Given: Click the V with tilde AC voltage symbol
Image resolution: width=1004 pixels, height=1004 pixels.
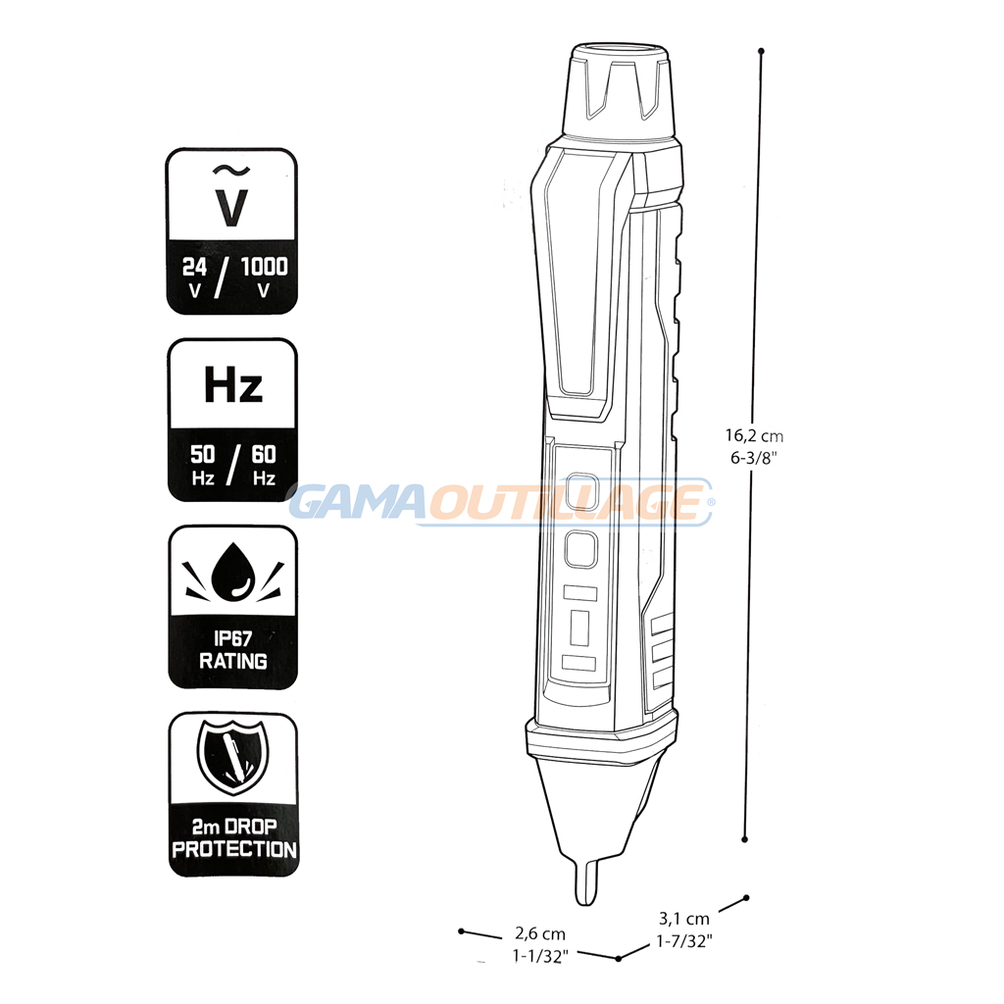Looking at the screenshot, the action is (x=230, y=196).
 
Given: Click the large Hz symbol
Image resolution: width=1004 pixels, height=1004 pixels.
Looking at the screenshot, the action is (x=233, y=384).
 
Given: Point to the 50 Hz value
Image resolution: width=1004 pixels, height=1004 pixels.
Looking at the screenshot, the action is (x=202, y=465).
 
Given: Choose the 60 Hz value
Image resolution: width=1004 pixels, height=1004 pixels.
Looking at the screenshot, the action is (x=264, y=465).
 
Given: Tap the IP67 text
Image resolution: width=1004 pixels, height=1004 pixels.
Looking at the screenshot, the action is (x=233, y=638).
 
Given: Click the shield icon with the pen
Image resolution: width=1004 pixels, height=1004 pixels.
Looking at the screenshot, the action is (x=232, y=757).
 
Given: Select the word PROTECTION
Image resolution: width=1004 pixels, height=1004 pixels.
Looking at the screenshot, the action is (x=234, y=850).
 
